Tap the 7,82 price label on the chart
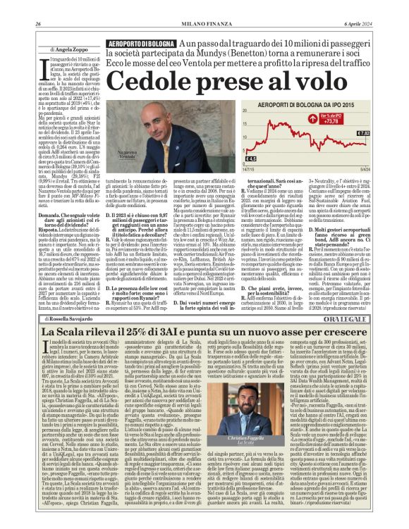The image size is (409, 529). click(x=363, y=132)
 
